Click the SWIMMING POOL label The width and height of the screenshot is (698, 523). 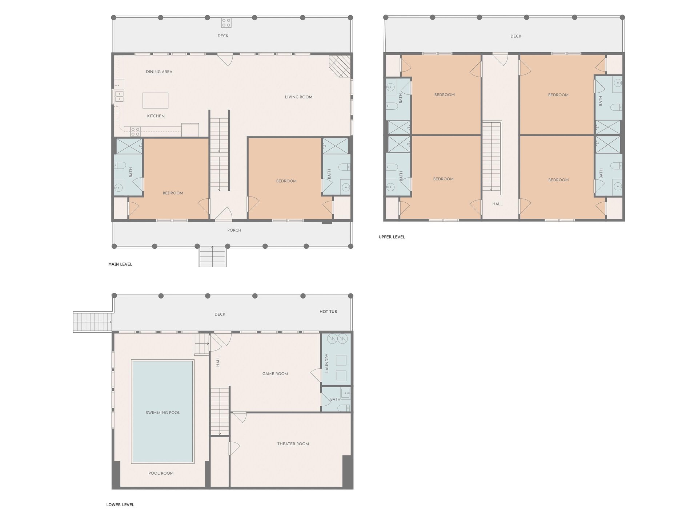tap(163, 413)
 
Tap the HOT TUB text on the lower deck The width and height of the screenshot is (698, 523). tap(328, 312)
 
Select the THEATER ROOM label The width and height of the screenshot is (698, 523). tap(293, 444)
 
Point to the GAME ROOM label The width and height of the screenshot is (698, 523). tap(275, 374)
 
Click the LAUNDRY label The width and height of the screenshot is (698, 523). tap(327, 363)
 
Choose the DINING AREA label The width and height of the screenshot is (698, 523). tap(159, 72)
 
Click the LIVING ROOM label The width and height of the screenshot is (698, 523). tap(298, 97)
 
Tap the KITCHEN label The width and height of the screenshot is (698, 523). tap(156, 116)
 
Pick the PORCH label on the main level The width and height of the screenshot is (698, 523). tap(234, 230)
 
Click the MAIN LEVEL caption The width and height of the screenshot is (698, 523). tap(120, 264)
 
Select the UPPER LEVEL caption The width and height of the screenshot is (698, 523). tap(392, 237)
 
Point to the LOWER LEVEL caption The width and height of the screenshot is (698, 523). tap(120, 505)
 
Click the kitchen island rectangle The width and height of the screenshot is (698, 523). tap(156, 101)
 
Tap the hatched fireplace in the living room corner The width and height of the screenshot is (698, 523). tap(340, 66)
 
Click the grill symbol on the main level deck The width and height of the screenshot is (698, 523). tap(226, 23)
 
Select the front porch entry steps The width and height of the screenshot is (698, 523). tap(212, 256)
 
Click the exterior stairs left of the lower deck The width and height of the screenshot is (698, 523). tap(93, 321)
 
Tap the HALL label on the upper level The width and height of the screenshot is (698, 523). tap(498, 204)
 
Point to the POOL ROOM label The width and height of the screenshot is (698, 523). tap(161, 473)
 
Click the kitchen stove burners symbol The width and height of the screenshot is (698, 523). tap(136, 131)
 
